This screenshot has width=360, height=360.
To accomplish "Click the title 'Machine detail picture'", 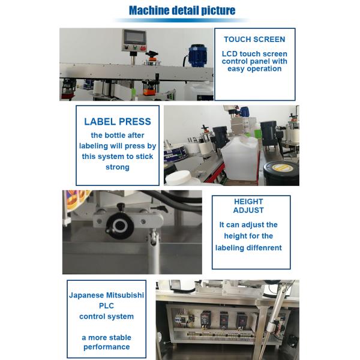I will pyautogui.click(x=182, y=10).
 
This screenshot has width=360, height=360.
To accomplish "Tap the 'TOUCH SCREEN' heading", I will pyautogui.click(x=254, y=40).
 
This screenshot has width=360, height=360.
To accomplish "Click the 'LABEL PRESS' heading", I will pyautogui.click(x=118, y=122).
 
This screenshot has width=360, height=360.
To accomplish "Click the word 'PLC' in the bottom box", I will pyautogui.click(x=107, y=305).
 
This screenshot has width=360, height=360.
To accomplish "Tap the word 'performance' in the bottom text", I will pyautogui.click(x=107, y=347).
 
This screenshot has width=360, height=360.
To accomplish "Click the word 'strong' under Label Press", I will pyautogui.click(x=117, y=167).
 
